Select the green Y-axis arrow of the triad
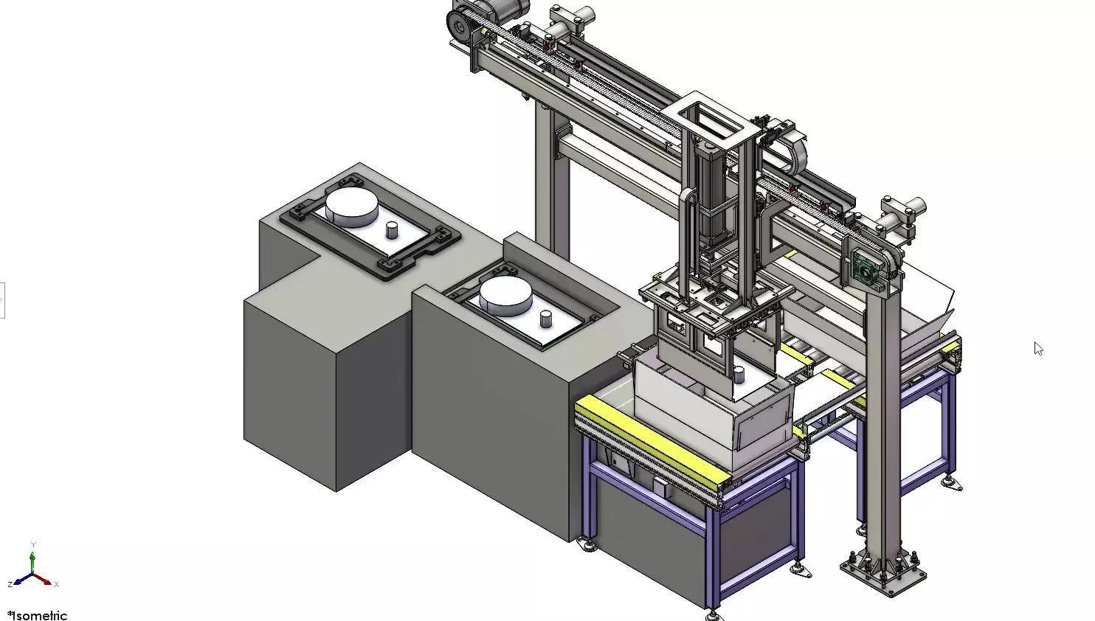(x=32, y=561)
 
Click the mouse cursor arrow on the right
(x=1038, y=348)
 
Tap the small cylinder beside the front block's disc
(x=546, y=319)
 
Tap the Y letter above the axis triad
(x=32, y=544)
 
